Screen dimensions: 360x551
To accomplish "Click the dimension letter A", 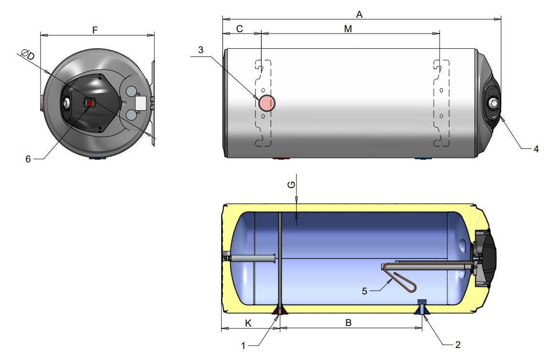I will [360, 14].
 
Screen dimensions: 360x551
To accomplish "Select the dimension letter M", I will [348, 29].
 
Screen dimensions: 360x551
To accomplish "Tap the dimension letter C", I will [240, 29].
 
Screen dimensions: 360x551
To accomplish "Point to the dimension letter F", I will [95, 30].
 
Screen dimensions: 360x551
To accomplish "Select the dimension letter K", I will [248, 323].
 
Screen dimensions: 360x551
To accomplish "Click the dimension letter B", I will [349, 323].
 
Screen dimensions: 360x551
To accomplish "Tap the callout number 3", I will [201, 49].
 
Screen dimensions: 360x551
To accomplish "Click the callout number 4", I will [536, 149].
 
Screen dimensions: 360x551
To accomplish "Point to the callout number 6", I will [28, 159].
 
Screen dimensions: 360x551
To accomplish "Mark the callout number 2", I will [458, 345].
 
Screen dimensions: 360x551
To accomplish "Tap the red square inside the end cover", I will [89, 102].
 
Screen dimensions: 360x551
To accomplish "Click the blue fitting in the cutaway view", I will [422, 309].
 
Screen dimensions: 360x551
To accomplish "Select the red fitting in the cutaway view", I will [279, 311].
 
